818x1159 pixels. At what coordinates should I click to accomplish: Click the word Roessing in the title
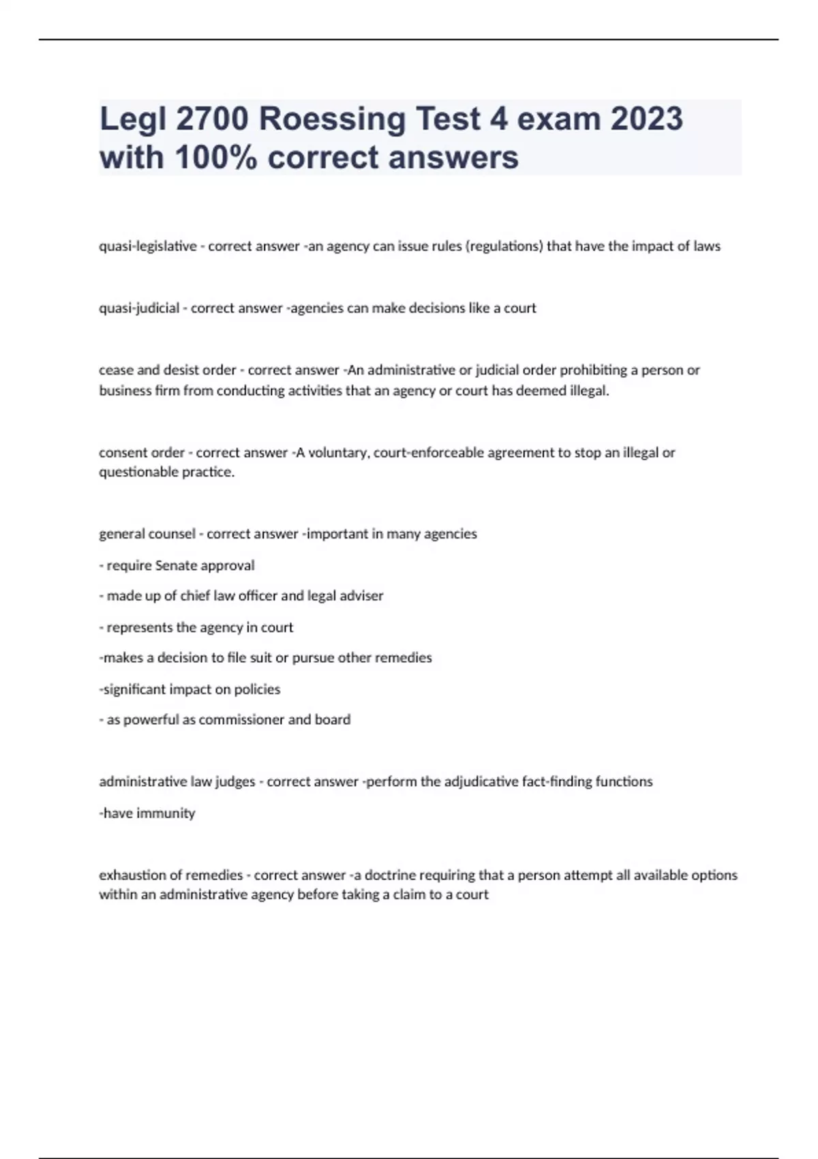point(333,119)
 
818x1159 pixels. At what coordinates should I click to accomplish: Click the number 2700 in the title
point(212,119)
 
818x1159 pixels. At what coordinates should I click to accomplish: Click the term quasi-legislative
point(148,246)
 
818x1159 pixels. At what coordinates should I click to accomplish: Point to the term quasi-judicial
point(139,308)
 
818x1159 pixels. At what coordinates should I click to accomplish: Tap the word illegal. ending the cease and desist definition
point(589,391)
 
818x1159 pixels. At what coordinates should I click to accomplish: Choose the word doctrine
point(390,875)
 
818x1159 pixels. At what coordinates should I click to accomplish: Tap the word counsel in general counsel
point(172,534)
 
